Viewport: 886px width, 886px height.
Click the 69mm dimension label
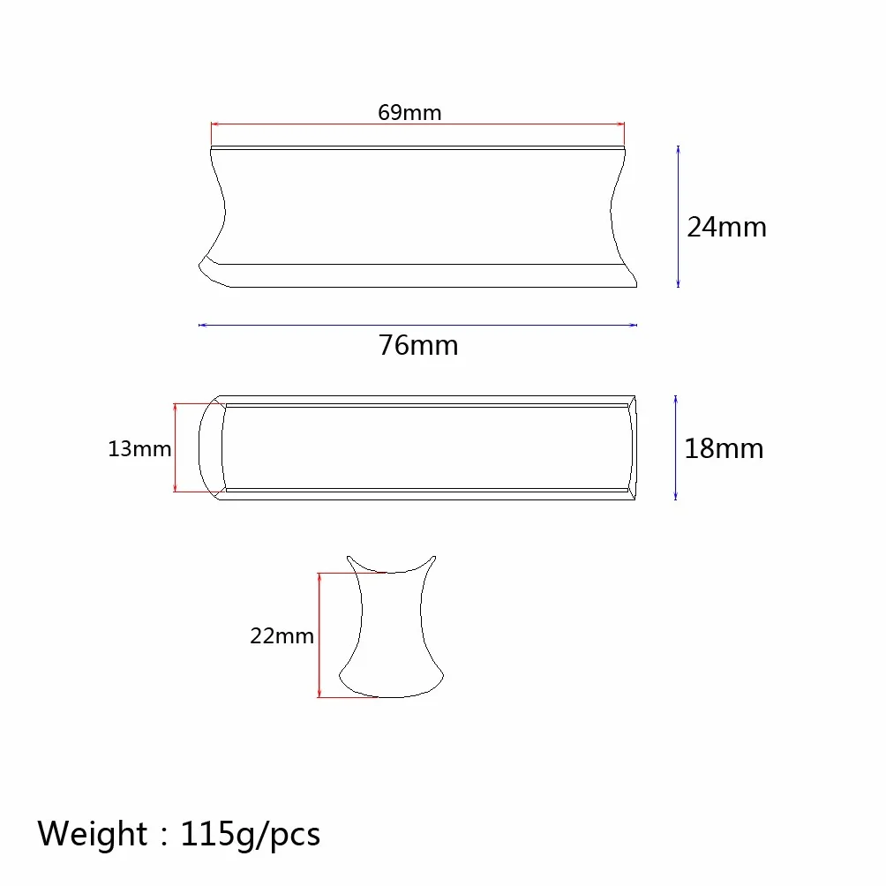point(409,112)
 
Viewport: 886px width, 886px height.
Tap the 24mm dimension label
point(726,227)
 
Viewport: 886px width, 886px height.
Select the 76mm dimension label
point(418,345)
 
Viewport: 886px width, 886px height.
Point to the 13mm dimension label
point(139,449)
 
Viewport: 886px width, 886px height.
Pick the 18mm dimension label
point(724,448)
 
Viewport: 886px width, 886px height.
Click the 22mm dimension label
point(282,636)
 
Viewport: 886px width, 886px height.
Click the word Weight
point(92,833)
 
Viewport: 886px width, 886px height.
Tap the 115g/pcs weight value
point(251,835)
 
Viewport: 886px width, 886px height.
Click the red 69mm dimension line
point(417,124)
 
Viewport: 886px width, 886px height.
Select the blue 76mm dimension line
point(417,325)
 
